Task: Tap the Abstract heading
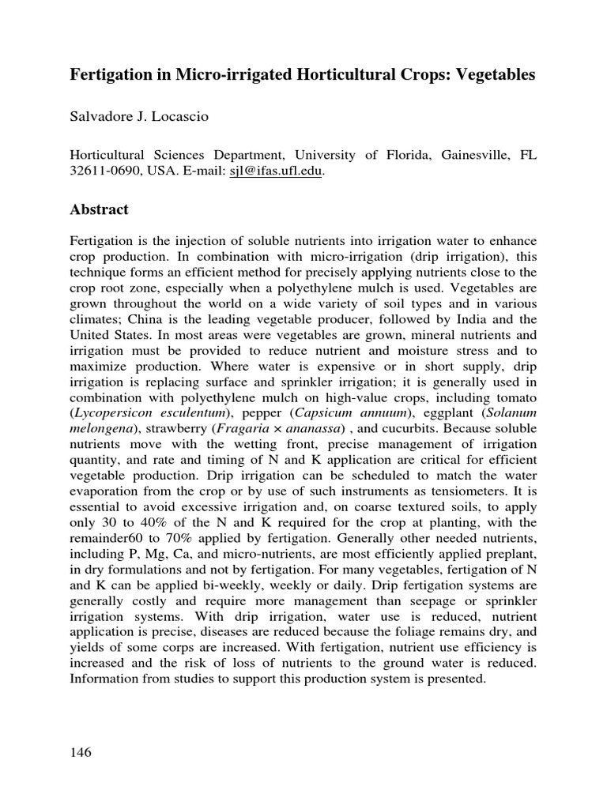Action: pos(99,210)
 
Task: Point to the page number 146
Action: pos(81,752)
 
